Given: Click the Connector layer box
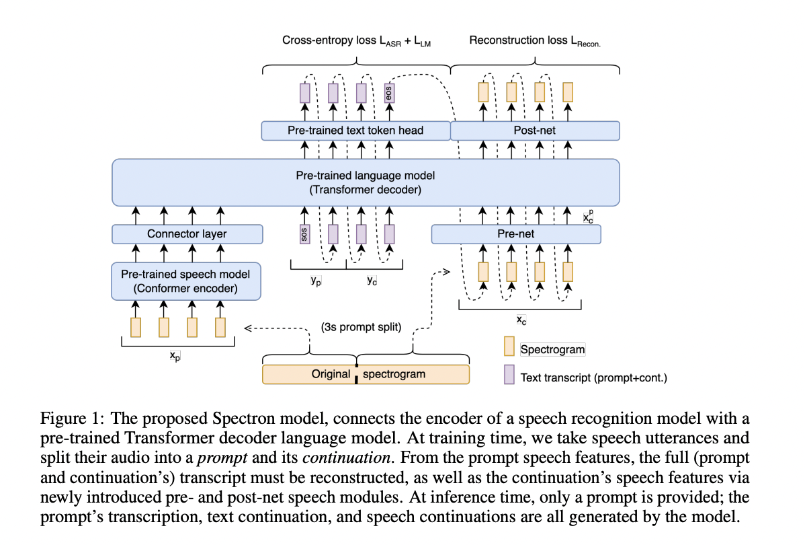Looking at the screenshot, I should click(x=186, y=234).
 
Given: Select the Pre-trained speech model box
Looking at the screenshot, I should click(x=185, y=281).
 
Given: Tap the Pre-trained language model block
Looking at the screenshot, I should click(x=366, y=182).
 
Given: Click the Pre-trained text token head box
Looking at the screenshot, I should click(x=355, y=131).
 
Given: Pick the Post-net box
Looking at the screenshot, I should click(x=534, y=131).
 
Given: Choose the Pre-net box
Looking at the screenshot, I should click(x=515, y=234).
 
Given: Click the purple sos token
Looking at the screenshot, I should click(x=305, y=234).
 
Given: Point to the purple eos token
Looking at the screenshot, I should click(x=389, y=92).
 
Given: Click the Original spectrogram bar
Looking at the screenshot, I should click(x=366, y=374).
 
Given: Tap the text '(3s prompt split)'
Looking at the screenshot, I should click(x=361, y=328).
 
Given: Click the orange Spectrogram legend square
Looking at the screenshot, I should click(x=510, y=348).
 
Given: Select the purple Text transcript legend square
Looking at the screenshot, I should click(x=510, y=376).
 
